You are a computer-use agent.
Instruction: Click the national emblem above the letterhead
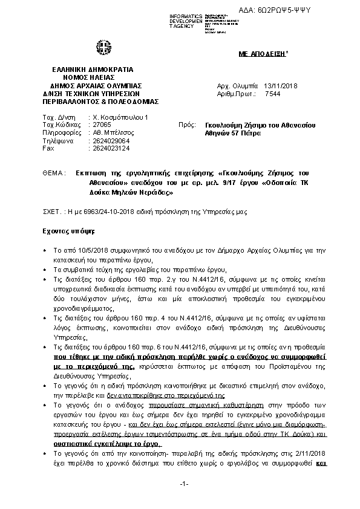tap(99, 47)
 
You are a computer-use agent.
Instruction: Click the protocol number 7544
tap(273, 94)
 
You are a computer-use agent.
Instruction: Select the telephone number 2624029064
tap(109, 140)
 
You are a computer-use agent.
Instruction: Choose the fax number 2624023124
tap(109, 148)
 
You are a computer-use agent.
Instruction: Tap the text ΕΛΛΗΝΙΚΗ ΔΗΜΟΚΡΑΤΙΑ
tap(87, 70)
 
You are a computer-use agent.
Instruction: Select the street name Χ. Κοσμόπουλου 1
tap(118, 116)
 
